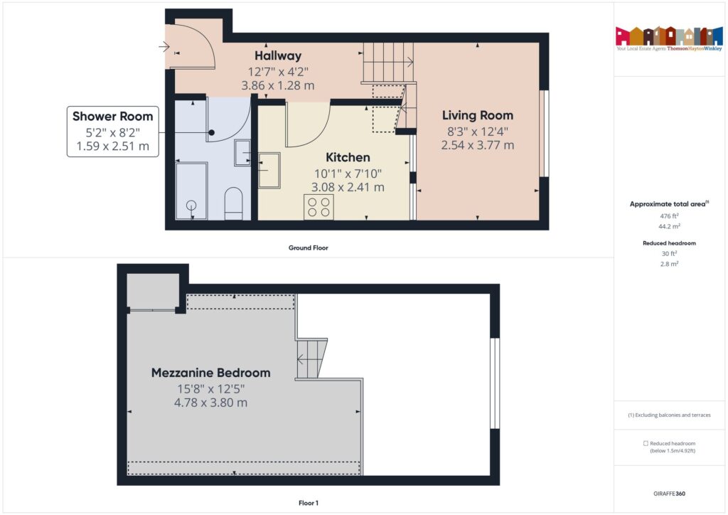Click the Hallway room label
pos(278,55)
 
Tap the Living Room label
pos(477,115)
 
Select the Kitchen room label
pos(348,157)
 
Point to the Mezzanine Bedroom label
pos(210,373)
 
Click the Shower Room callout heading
pos(112,117)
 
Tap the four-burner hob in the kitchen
pos(318,206)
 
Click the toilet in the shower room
pos(233,202)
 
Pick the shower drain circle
pos(191,206)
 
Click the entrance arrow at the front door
pos(164,48)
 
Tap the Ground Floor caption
pos(308,248)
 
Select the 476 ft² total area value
pos(668,216)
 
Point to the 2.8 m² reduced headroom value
pos(668,264)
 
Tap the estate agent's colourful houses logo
pos(668,36)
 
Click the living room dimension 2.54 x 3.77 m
pos(477,145)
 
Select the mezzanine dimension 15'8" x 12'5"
pos(210,389)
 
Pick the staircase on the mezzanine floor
pos(311,359)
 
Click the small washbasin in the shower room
pos(242,152)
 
